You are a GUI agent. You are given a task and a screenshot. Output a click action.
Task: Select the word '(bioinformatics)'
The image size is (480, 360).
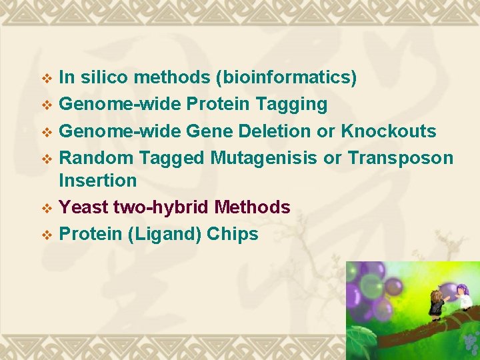(x=286, y=78)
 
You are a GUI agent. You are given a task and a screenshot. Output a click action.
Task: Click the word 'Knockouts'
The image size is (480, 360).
(x=389, y=131)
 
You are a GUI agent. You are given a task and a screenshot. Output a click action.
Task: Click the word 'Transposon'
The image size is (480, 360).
(x=400, y=157)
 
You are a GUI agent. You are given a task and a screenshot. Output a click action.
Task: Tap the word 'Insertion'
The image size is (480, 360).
(x=98, y=181)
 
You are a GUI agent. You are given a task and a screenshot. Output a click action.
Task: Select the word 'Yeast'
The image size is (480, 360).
(x=83, y=207)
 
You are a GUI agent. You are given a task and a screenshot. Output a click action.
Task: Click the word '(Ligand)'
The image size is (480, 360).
(x=166, y=234)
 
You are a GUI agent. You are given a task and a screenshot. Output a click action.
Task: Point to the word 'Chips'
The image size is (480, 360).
(x=233, y=234)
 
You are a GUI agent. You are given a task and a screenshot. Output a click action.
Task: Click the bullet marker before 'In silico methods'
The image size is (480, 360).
(x=47, y=79)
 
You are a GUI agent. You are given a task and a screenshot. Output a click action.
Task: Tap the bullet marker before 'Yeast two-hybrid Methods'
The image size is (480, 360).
(x=47, y=208)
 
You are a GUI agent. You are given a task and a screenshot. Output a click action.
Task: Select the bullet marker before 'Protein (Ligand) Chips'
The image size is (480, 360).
(x=47, y=235)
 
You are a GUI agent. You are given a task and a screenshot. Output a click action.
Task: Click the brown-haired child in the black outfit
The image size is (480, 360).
(x=436, y=303)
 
